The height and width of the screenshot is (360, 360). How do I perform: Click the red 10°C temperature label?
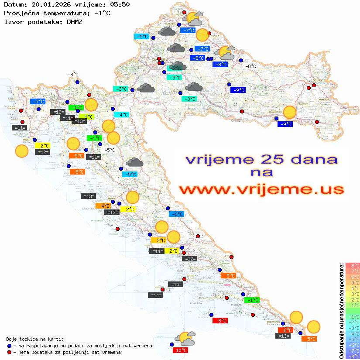click(182, 350)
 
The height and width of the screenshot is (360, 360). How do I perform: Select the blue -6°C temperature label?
click(176, 214)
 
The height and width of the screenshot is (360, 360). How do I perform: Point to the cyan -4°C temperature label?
click(121, 115)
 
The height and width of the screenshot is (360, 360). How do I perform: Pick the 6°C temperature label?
click(285, 330)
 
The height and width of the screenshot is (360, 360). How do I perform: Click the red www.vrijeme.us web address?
click(261, 189)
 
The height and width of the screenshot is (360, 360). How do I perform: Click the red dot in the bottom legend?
click(10, 352)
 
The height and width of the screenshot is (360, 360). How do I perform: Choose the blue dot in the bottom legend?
click(10, 346)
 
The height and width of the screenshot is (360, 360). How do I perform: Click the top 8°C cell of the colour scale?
click(352, 266)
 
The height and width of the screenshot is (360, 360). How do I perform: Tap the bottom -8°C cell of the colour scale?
click(352, 356)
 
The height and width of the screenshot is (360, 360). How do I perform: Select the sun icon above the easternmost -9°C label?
click(289, 112)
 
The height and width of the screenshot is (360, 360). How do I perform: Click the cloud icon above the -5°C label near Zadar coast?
click(134, 163)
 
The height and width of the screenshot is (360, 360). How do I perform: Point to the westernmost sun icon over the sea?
click(21, 151)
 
